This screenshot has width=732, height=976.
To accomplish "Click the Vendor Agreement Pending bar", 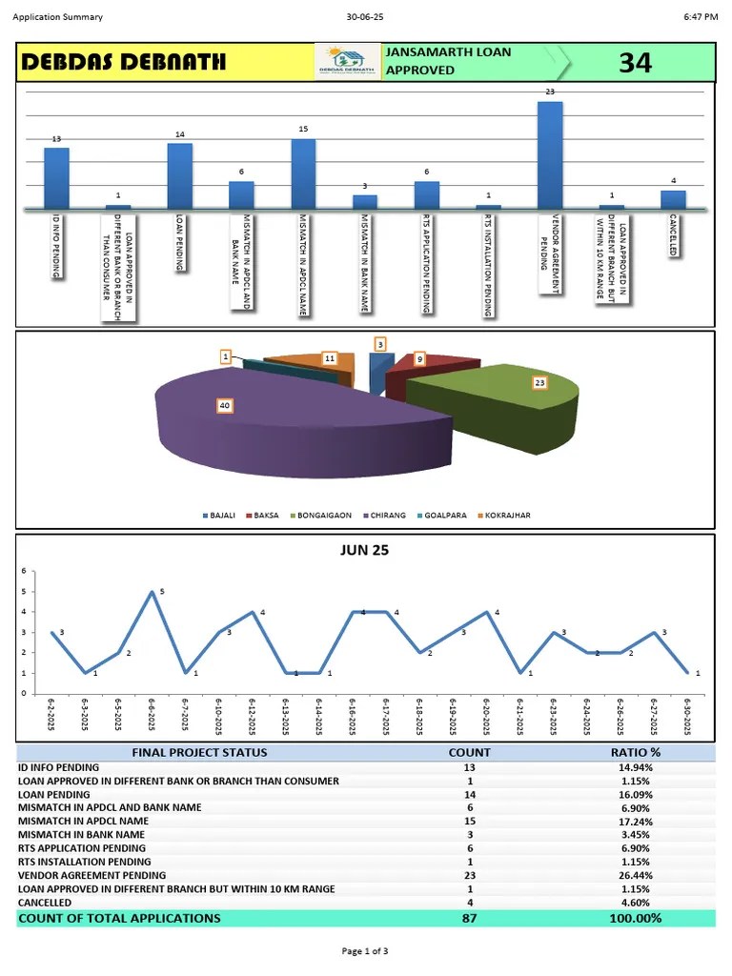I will [x=550, y=154].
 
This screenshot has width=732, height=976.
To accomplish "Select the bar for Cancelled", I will [x=673, y=199].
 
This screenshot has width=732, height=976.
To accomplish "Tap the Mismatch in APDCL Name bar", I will [x=303, y=173].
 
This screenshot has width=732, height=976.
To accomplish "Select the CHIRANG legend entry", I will [x=381, y=516].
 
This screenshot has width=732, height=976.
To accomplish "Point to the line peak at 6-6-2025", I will [x=152, y=592].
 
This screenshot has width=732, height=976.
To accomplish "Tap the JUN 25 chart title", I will [x=365, y=550].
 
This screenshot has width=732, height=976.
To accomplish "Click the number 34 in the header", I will [x=636, y=63].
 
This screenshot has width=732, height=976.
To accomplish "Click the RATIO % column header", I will [x=636, y=753].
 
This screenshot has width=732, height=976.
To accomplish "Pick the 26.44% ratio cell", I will [x=636, y=875].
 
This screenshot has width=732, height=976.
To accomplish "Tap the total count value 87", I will [x=470, y=918].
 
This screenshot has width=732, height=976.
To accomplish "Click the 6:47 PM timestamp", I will [x=701, y=17].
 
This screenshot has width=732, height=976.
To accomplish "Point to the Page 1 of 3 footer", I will [x=365, y=950].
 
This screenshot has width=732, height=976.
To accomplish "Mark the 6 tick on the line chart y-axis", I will [x=24, y=571].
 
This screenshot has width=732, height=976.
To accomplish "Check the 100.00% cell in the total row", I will [x=636, y=918].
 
